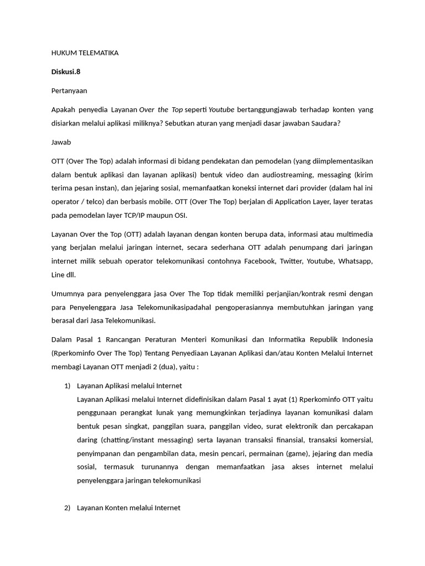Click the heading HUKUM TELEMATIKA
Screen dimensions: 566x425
(85, 53)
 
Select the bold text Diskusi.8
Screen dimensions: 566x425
(66, 71)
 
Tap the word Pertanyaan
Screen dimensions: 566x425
(69, 90)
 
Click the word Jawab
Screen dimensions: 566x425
(61, 142)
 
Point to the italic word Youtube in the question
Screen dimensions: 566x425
(221, 109)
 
